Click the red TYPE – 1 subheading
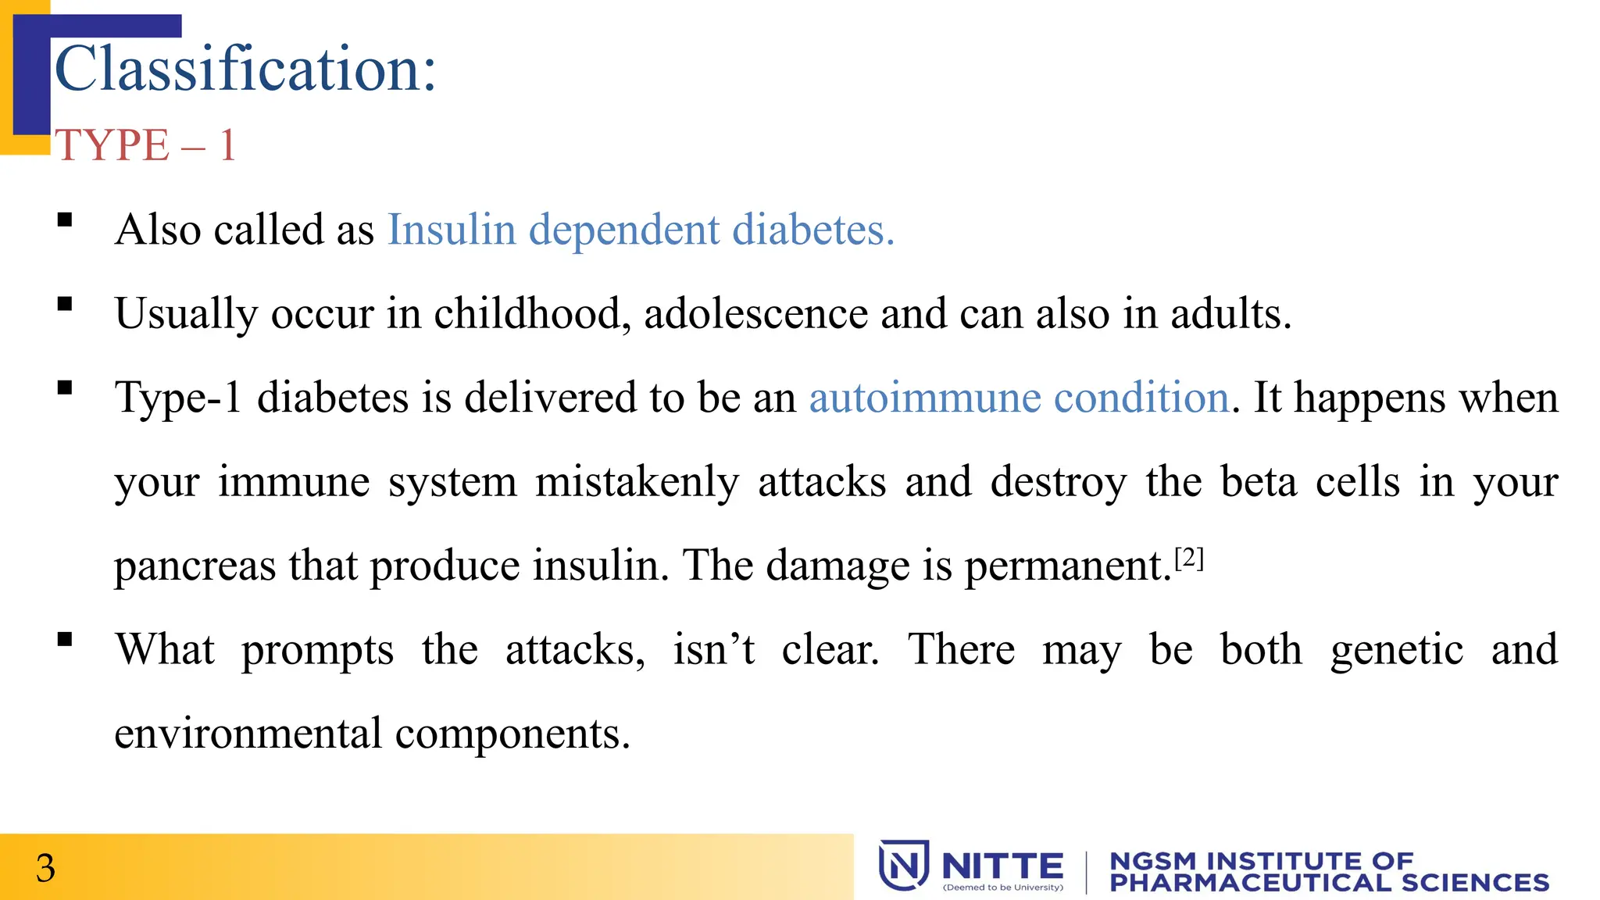coord(145,145)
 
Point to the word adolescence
coord(755,314)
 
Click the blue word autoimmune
coord(924,398)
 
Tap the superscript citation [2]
coord(1189,558)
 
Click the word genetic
coord(1397,650)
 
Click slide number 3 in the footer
coord(46,868)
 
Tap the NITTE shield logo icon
coord(903,865)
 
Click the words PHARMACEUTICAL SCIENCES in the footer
coord(1329,883)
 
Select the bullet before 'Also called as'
coord(65,220)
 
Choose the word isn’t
coord(714,650)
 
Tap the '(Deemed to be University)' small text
coord(1003,887)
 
